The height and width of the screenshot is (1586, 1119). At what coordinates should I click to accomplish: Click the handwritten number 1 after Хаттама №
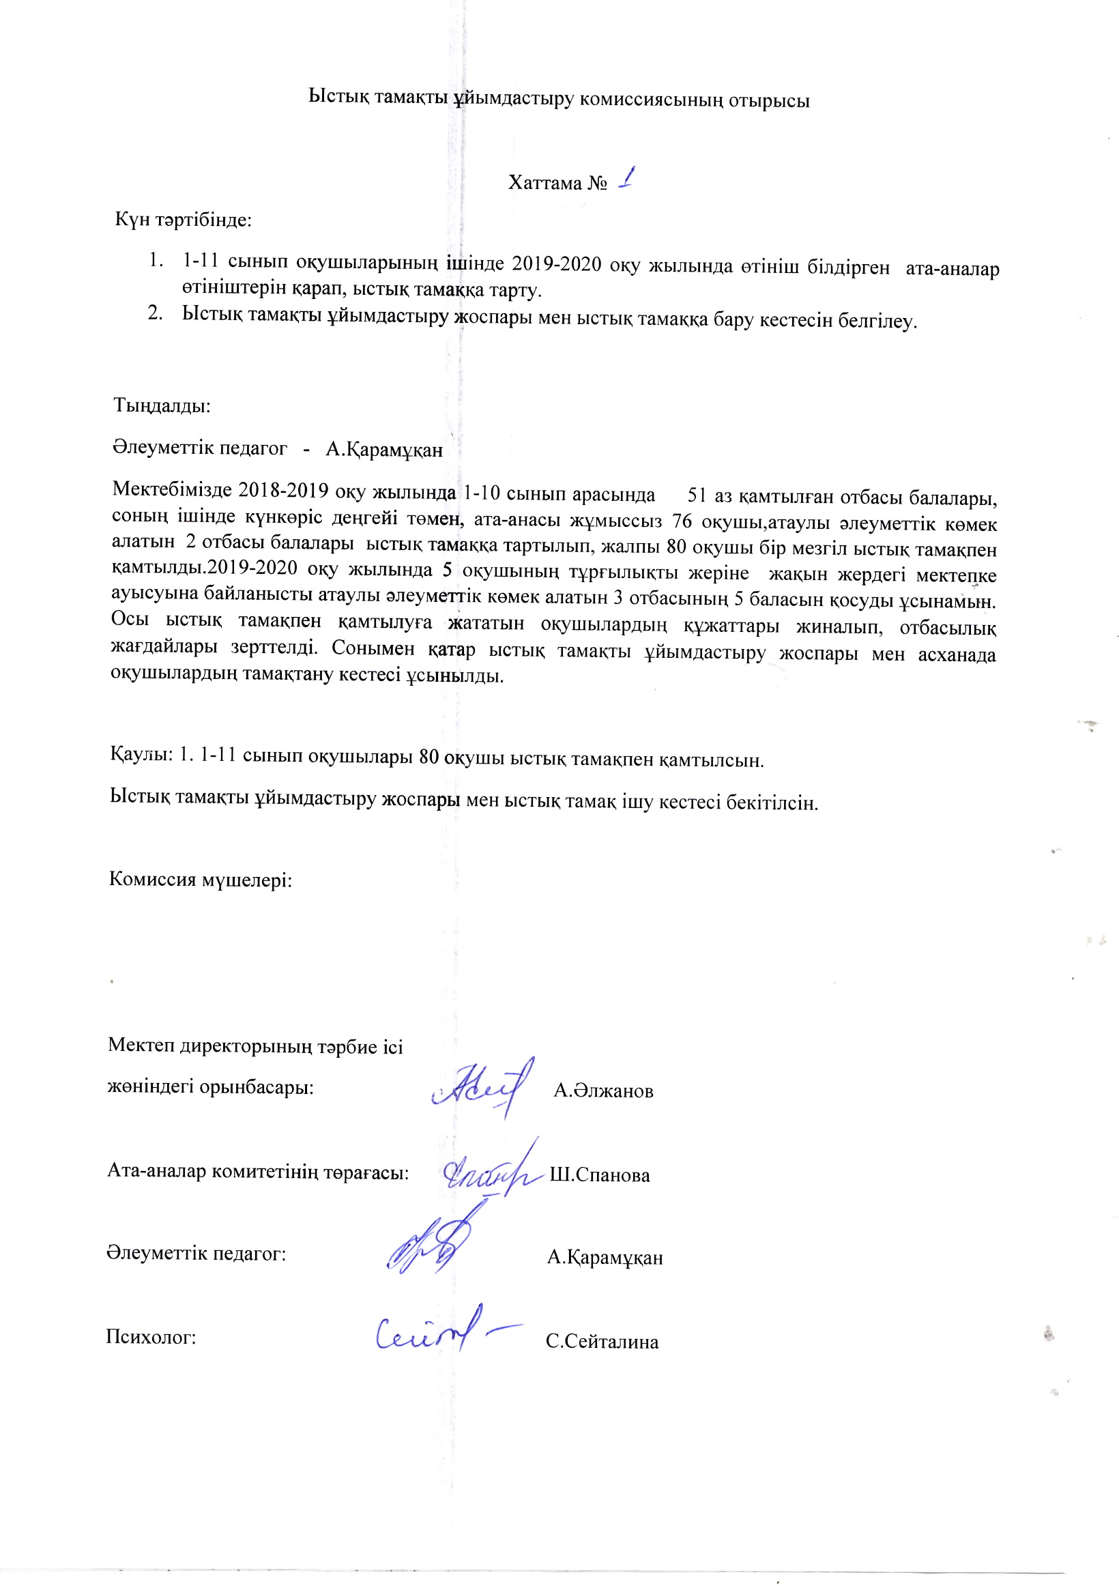click(626, 179)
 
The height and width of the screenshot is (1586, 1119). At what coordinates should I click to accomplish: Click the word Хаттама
click(545, 183)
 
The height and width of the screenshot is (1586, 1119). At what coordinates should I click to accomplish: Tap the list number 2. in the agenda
click(156, 313)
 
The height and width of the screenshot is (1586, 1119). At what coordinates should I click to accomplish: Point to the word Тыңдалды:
click(162, 405)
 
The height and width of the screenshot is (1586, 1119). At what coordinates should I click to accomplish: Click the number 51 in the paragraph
click(697, 495)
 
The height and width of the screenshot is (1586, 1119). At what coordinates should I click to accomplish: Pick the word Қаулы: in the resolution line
click(141, 753)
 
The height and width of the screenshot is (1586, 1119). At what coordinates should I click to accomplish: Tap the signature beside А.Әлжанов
click(484, 1088)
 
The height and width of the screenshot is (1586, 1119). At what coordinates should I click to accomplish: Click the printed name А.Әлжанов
click(603, 1091)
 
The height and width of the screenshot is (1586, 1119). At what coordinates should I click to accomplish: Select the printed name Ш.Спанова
click(600, 1175)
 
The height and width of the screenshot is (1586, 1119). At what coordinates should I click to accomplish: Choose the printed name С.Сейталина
click(602, 1342)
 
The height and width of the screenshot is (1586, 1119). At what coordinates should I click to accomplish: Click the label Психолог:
click(151, 1338)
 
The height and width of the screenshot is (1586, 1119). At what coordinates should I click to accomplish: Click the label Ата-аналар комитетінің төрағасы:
click(258, 1172)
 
